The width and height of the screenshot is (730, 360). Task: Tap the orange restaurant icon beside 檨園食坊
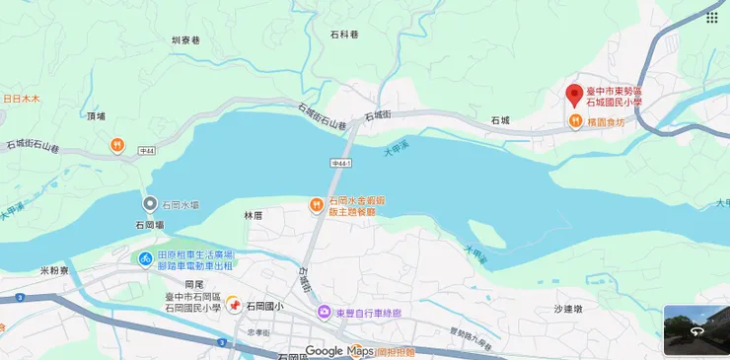(x=574, y=121)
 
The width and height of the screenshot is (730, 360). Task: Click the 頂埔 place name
(x=96, y=116)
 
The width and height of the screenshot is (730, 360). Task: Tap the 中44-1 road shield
(x=341, y=161)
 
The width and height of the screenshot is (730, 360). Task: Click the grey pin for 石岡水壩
(x=150, y=204)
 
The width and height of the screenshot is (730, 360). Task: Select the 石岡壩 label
(x=150, y=224)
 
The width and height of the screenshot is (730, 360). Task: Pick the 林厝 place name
(x=254, y=214)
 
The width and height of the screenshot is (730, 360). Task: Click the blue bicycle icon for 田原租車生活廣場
(x=145, y=259)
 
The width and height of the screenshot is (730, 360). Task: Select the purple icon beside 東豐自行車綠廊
(x=325, y=313)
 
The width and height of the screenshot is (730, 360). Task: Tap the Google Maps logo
(x=339, y=350)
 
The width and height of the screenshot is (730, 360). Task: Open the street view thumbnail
(x=695, y=329)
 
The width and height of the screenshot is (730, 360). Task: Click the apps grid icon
(x=711, y=17)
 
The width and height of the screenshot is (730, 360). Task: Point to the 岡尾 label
(x=192, y=284)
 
